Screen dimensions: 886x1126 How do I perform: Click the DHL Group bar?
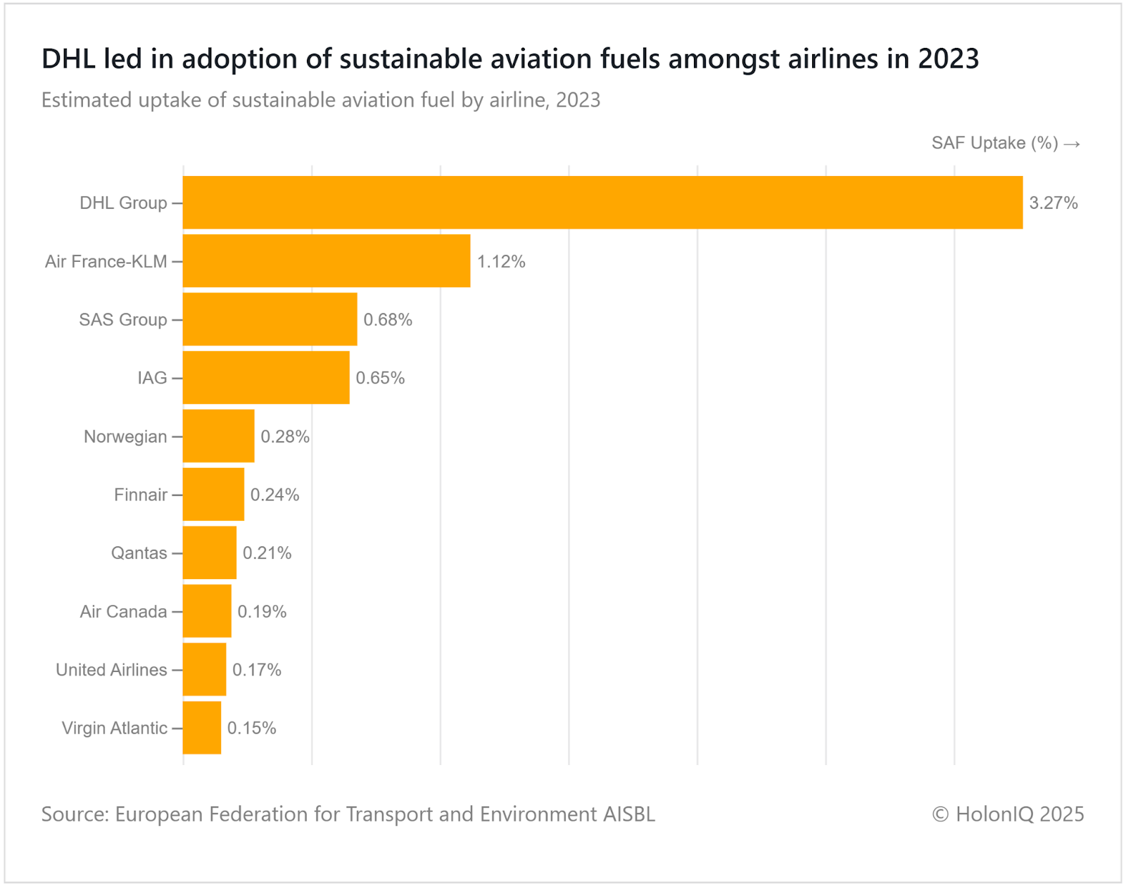(x=602, y=203)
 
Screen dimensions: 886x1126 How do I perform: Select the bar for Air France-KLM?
(x=327, y=261)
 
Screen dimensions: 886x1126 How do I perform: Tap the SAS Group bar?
(x=270, y=319)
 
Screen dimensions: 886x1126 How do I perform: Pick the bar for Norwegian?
(x=219, y=436)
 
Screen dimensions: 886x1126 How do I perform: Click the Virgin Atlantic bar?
(x=202, y=728)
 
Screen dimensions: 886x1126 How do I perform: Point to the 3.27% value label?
(x=1054, y=203)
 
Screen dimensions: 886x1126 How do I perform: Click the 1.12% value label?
(x=501, y=262)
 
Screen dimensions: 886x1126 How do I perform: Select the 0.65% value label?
(x=380, y=379)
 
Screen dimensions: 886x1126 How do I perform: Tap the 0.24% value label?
(x=274, y=495)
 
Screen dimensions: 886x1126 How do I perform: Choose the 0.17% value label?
(x=257, y=670)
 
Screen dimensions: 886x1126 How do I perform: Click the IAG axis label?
(x=152, y=379)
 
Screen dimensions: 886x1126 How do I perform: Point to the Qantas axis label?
(x=139, y=553)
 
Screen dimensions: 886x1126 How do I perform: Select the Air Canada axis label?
(x=123, y=612)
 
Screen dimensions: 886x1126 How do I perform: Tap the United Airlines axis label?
(x=111, y=670)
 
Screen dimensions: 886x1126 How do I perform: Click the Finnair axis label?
(x=141, y=495)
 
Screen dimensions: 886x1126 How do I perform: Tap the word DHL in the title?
(x=68, y=59)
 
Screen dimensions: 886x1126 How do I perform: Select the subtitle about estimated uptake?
(x=321, y=100)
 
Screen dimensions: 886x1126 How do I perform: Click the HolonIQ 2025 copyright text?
(x=1008, y=814)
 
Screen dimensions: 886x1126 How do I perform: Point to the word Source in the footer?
(x=74, y=814)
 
